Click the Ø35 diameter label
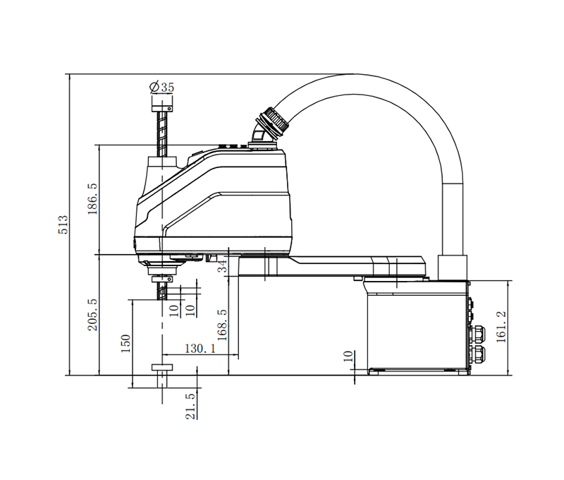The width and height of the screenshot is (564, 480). pyautogui.click(x=162, y=88)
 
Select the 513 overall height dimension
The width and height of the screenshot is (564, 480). pyautogui.click(x=62, y=224)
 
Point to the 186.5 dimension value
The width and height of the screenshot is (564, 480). pyautogui.click(x=92, y=199)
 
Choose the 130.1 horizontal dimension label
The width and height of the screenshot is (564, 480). pyautogui.click(x=200, y=348)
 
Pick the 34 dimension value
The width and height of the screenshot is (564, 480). pyautogui.click(x=223, y=266)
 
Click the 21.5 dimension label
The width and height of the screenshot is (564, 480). pyautogui.click(x=190, y=407)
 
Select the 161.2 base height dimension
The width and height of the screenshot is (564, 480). pyautogui.click(x=501, y=327)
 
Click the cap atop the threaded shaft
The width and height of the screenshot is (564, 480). pyautogui.click(x=162, y=104)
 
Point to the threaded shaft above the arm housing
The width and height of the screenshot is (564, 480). pyautogui.click(x=163, y=134)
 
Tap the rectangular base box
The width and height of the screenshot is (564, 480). pyautogui.click(x=416, y=325)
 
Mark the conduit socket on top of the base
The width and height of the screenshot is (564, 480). pyautogui.click(x=453, y=268)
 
